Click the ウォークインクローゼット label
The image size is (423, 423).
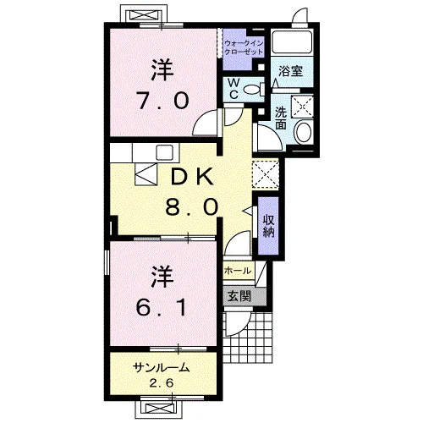(x=244, y=47)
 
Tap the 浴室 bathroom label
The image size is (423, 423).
(x=290, y=71)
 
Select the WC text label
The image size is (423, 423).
(x=233, y=89)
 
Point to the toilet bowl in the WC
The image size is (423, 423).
(x=252, y=90)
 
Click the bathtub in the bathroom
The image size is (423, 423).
(x=292, y=41)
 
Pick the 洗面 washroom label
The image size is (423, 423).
(x=281, y=118)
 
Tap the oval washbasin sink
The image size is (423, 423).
(x=304, y=132)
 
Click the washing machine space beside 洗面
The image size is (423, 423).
(x=302, y=106)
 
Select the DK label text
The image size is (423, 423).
(x=192, y=177)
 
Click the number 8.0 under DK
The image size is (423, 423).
(x=192, y=206)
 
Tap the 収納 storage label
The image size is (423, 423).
(x=268, y=226)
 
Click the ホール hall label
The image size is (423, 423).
(x=238, y=271)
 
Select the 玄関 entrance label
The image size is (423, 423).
(x=239, y=297)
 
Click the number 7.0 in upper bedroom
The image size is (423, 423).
(x=162, y=101)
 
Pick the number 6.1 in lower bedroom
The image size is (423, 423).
(x=161, y=307)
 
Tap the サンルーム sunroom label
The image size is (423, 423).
(x=161, y=368)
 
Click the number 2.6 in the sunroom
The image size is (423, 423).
(x=162, y=383)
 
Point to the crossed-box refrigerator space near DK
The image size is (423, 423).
(x=266, y=173)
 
